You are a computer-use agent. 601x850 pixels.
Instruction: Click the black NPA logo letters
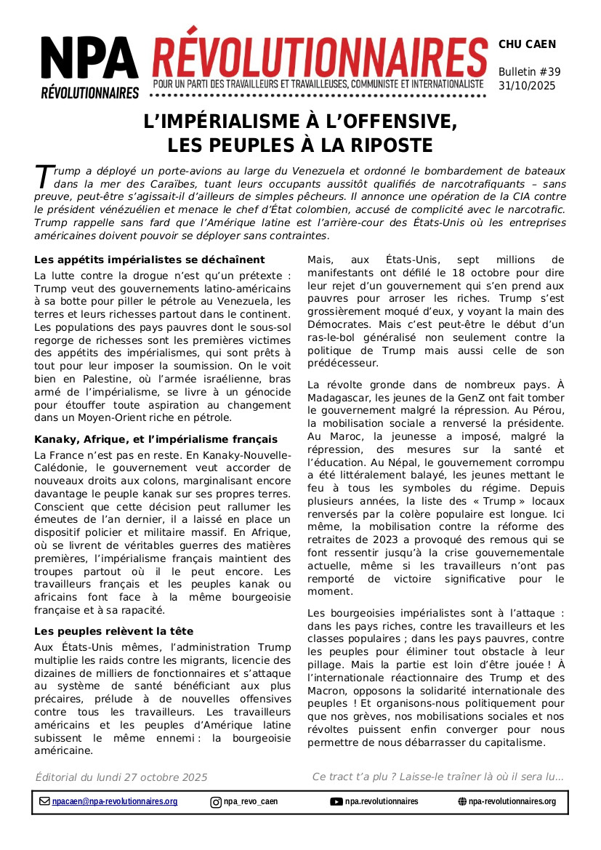coord(89,59)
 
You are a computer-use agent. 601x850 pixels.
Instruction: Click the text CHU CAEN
coord(527,44)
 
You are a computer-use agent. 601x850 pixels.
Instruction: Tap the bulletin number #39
coord(548,72)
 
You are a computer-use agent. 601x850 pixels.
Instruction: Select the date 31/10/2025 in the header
coord(527,86)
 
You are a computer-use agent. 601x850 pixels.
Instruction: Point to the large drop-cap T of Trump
coord(44,176)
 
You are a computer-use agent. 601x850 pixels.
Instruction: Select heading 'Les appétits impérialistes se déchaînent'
coord(150,260)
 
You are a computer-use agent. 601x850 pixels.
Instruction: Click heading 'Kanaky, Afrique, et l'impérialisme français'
coord(156,439)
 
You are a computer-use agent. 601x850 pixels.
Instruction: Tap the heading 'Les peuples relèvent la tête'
coord(114,631)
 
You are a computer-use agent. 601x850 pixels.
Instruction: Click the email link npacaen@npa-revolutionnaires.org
coord(115,802)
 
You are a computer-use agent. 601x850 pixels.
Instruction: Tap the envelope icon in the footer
coord(44,802)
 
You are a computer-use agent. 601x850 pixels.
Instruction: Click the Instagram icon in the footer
coord(216,802)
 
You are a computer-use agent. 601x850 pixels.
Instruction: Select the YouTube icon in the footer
coord(336,802)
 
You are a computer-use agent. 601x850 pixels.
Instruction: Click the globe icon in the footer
coord(462,802)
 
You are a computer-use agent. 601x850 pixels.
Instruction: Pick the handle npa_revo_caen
coord(251,802)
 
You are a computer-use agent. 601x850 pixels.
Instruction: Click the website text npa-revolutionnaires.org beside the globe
coord(512,802)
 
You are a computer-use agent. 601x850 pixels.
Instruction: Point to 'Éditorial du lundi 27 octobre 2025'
coord(121,777)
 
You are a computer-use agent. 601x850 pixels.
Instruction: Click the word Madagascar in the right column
coord(339,398)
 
